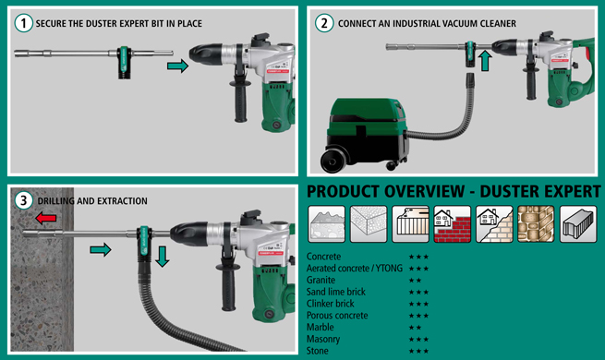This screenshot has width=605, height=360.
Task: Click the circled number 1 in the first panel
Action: pos(23,23)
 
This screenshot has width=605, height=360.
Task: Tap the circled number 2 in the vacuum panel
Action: pos(324,23)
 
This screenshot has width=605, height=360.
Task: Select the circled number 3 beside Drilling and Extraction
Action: pos(23,201)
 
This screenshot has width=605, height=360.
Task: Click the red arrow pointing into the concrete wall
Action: pos(46,218)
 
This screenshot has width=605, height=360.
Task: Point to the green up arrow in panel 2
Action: pos(485,61)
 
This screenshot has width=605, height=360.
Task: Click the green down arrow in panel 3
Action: pos(163,257)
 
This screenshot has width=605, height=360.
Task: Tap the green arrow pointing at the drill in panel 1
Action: pos(178,66)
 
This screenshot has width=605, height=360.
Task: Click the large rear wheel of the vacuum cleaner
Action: pos(333,160)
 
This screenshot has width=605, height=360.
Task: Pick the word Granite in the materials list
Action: pos(321,280)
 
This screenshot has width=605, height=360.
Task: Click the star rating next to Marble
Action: pos(415,328)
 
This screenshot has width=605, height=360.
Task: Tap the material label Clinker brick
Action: pos(331,304)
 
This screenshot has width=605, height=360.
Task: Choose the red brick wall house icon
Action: pos(453,224)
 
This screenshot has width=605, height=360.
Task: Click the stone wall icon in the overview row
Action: pos(536,224)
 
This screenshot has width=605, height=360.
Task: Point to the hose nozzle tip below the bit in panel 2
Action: pos(470,79)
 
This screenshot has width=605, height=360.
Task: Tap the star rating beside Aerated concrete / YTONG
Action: pos(419,269)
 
